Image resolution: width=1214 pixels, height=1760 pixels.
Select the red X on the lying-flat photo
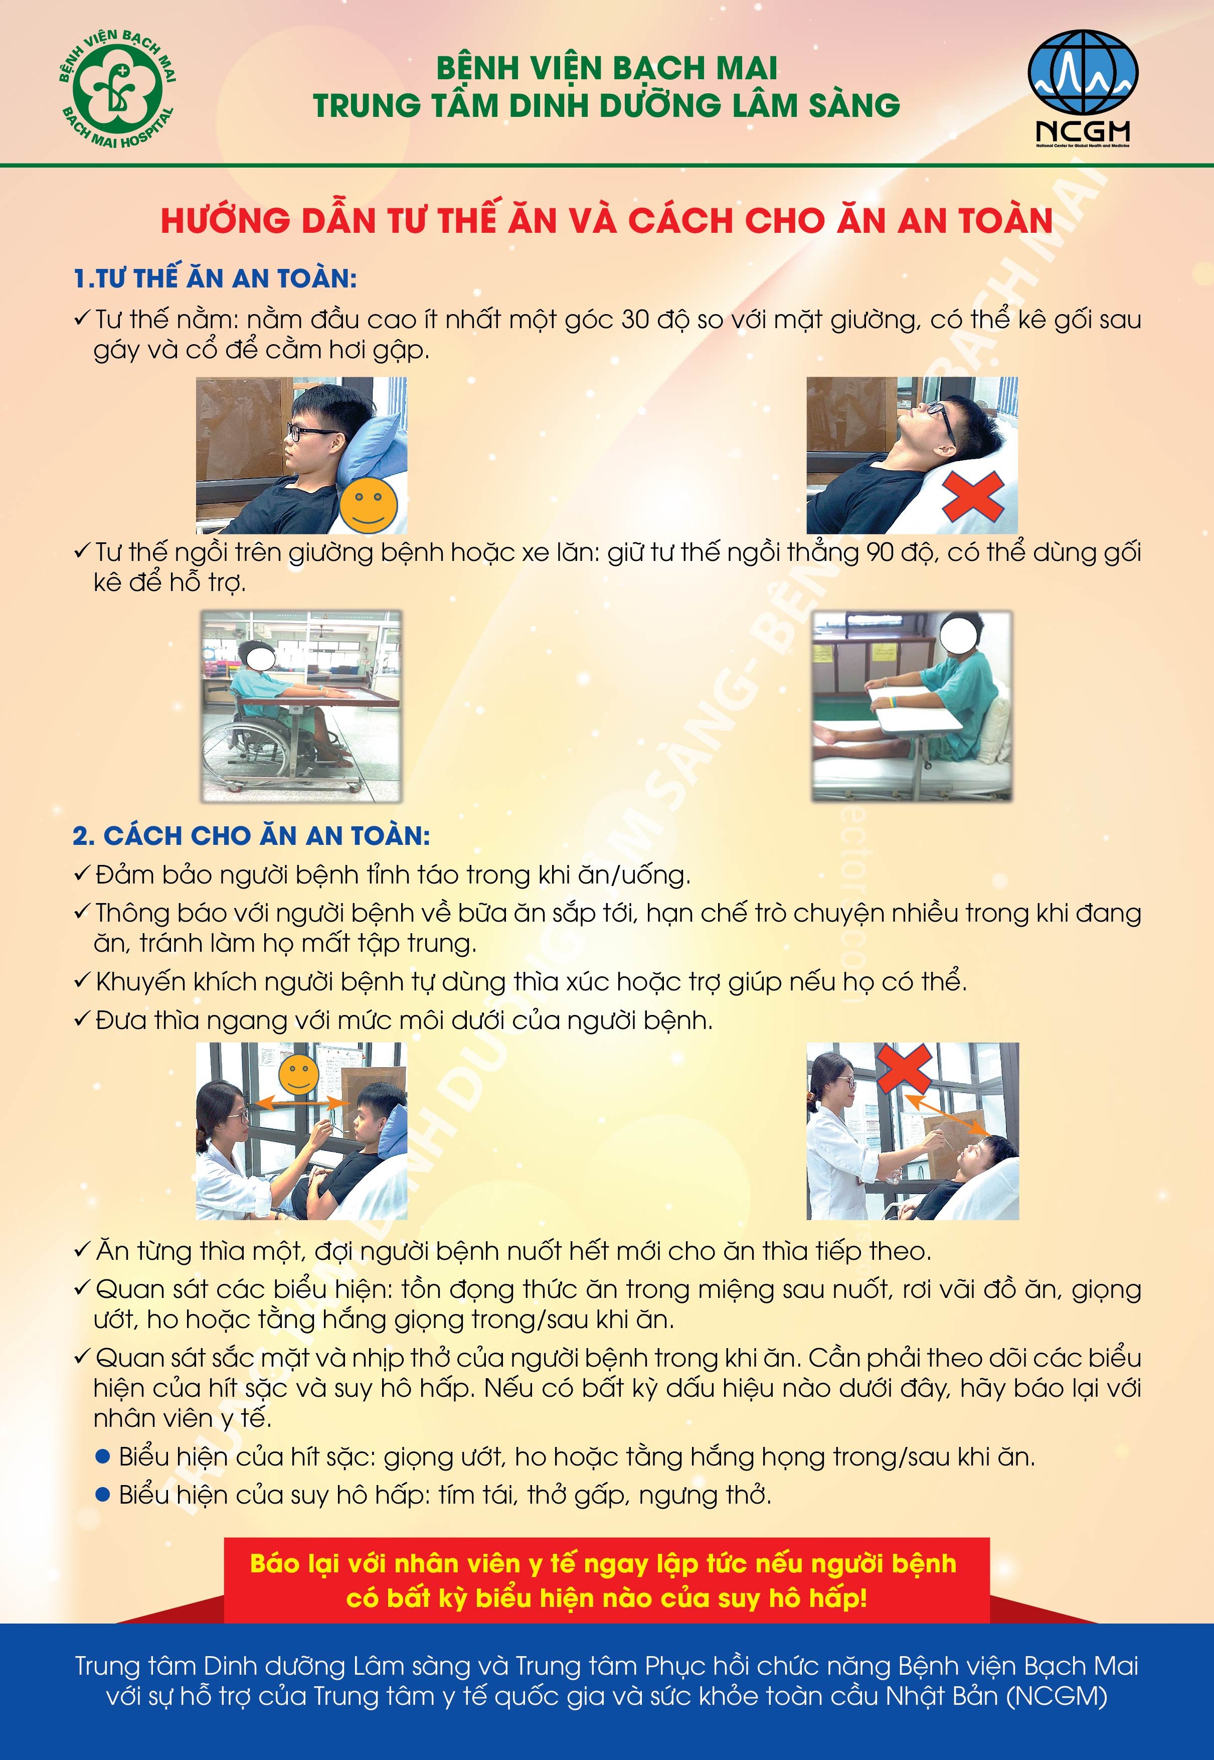pyautogui.click(x=973, y=496)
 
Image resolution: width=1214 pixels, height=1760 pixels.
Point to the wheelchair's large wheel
pyautogui.click(x=237, y=750)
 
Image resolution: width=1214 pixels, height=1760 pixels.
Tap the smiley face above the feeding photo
pyautogui.click(x=298, y=1075)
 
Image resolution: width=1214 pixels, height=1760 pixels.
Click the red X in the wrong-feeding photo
pyautogui.click(x=905, y=1068)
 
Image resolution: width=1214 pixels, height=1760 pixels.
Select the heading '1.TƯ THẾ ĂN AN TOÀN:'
pyautogui.click(x=215, y=278)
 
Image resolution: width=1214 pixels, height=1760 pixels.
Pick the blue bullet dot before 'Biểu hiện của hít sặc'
pyautogui.click(x=103, y=1456)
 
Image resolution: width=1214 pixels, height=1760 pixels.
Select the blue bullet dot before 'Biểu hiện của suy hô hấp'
pyautogui.click(x=103, y=1495)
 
